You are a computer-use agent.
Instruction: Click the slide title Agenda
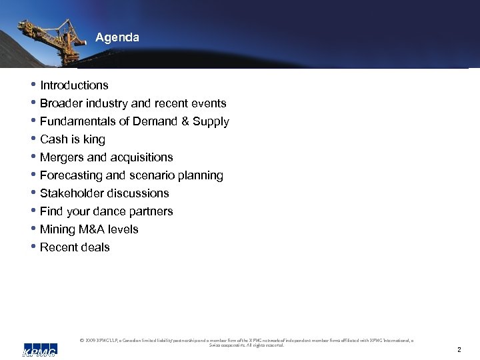(x=117, y=38)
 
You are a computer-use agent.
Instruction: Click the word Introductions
(x=74, y=85)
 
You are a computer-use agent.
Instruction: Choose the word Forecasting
(x=71, y=175)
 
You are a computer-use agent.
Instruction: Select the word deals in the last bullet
(x=95, y=247)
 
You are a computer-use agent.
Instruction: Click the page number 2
(x=459, y=349)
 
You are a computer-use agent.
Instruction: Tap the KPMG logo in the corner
(x=39, y=349)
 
